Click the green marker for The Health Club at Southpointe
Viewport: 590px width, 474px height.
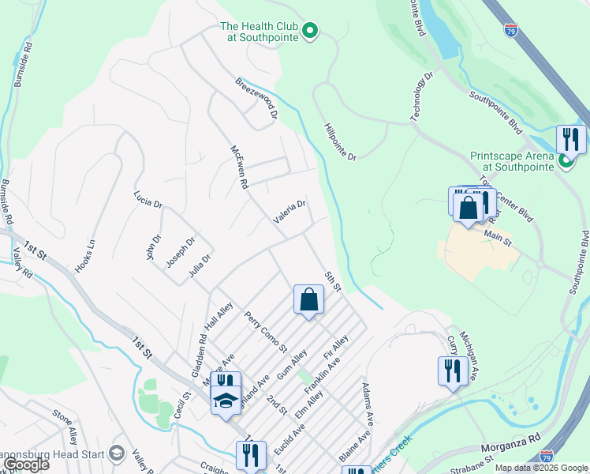pos(310,32)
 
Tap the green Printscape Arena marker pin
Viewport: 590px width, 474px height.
pos(566,161)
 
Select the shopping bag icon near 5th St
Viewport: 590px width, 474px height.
pos(308,300)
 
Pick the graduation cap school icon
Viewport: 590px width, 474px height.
pos(226,401)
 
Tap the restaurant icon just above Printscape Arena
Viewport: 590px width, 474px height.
pos(570,140)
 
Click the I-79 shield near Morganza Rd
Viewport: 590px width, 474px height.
pos(547,457)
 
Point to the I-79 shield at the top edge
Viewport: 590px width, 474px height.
pos(511,30)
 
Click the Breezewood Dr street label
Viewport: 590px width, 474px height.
pos(256,99)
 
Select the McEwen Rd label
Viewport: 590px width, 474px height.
pos(239,167)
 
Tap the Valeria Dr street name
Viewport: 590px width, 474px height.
pos(289,211)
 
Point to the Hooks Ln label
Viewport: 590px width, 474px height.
pos(85,256)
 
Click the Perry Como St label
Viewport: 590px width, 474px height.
pos(265,332)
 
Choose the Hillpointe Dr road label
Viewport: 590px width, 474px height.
pos(340,141)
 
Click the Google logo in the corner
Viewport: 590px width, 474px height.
pos(25,465)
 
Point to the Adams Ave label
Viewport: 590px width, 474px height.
pos(367,403)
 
